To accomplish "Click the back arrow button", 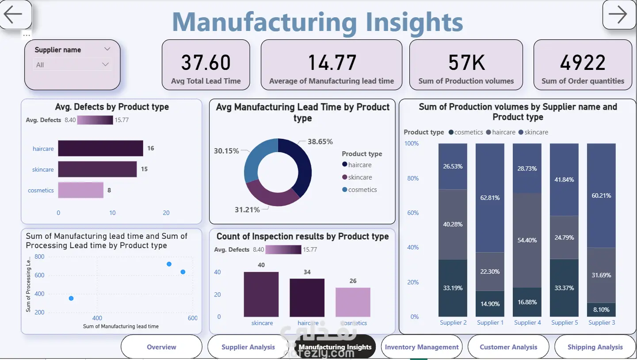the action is [15, 14].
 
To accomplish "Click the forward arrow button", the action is [619, 14].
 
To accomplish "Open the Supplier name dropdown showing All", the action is [72, 65].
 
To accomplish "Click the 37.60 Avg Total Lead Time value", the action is [206, 63].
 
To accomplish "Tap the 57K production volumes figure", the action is [466, 63].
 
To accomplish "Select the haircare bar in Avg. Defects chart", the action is [101, 148].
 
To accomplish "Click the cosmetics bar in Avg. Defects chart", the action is [81, 190].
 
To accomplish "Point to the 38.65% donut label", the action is [320, 142].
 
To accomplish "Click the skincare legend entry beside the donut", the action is [357, 177].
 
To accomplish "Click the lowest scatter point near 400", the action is [71, 298].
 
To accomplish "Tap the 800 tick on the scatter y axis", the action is [39, 257].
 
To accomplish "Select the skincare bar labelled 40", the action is [261, 294].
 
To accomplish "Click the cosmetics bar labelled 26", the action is [353, 302].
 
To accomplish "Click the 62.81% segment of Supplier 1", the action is [490, 198].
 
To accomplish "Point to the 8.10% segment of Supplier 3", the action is [601, 310].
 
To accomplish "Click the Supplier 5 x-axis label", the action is [565, 323].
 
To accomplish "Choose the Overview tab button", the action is [161, 347].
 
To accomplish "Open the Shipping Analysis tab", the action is [595, 347].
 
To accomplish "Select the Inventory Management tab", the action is [422, 347].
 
